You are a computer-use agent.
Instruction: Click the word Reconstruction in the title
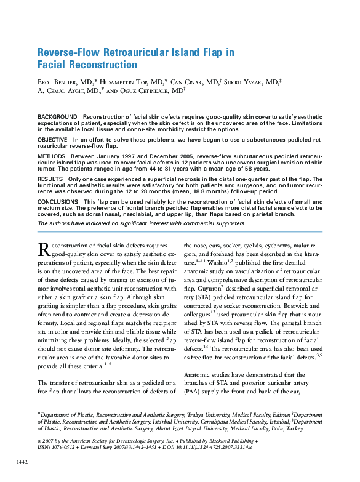click(x=99, y=65)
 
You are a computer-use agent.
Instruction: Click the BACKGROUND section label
click(x=58, y=116)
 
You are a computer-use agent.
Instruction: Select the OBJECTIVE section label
click(x=53, y=140)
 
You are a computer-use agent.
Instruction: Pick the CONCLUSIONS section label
click(x=58, y=201)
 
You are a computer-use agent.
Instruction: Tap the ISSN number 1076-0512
click(x=64, y=447)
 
